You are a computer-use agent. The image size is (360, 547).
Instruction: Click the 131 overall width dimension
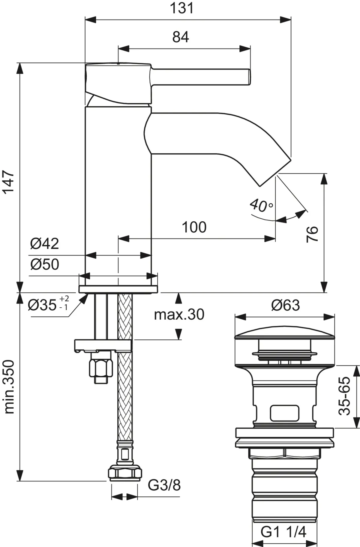coord(182,8)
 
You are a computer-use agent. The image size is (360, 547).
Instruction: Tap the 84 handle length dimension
coord(181,37)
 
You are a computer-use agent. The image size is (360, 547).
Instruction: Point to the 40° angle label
coord(261,205)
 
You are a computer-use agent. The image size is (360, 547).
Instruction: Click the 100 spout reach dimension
coord(194,227)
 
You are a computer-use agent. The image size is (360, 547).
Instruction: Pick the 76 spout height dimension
coord(312,234)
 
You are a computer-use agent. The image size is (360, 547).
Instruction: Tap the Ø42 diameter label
coord(44,244)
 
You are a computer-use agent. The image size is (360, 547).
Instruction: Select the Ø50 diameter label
coord(44,264)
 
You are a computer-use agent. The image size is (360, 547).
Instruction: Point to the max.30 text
coord(179,315)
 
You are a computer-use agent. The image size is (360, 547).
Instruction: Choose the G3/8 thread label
coord(164,485)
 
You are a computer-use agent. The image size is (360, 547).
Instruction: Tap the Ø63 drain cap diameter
coord(285,305)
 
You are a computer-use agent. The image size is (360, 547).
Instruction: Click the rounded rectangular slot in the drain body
coord(285,413)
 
